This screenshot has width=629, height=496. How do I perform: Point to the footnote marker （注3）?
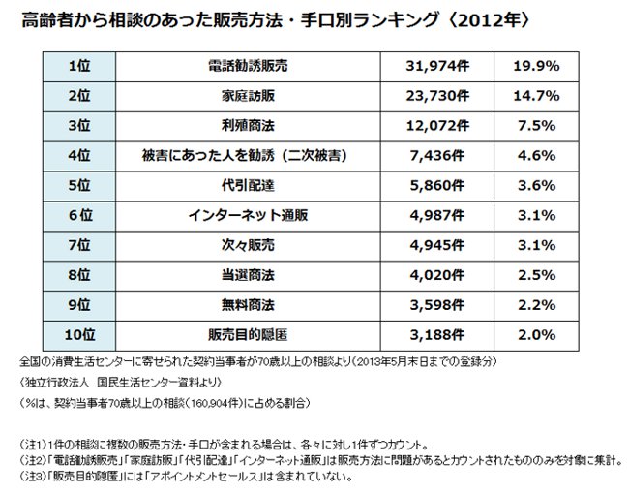point(38,477)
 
